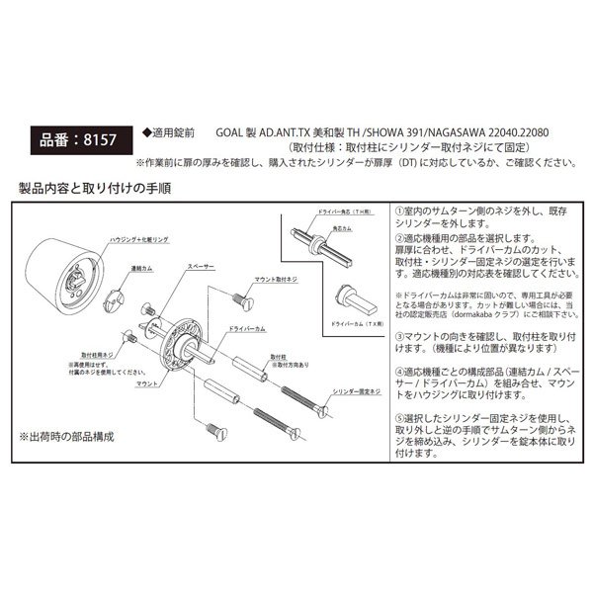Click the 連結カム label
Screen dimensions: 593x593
(115, 268)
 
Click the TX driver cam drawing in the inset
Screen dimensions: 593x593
(354, 295)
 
